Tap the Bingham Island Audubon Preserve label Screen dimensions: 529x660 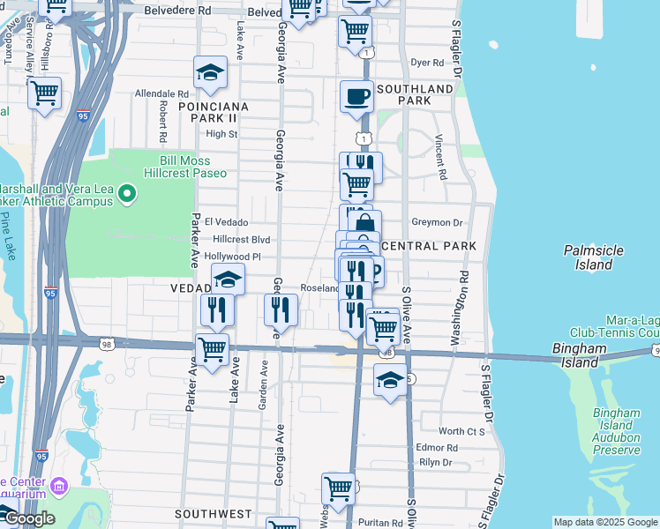tap(616, 431)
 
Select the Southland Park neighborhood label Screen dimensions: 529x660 tap(415, 94)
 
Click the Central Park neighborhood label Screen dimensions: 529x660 tap(431, 246)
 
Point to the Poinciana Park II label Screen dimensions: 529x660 tap(208, 112)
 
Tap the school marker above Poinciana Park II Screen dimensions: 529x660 tap(211, 73)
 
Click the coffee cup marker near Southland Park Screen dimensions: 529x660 tap(356, 96)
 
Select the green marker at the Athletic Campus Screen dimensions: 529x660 tap(127, 192)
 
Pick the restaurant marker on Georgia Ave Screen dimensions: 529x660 tap(281, 309)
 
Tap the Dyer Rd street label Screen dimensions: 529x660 tap(427, 63)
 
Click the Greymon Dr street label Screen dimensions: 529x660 tap(437, 223)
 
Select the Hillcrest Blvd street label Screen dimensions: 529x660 tap(241, 240)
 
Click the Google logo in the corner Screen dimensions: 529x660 tap(28, 518)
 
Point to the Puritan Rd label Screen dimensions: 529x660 tap(381, 522)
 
